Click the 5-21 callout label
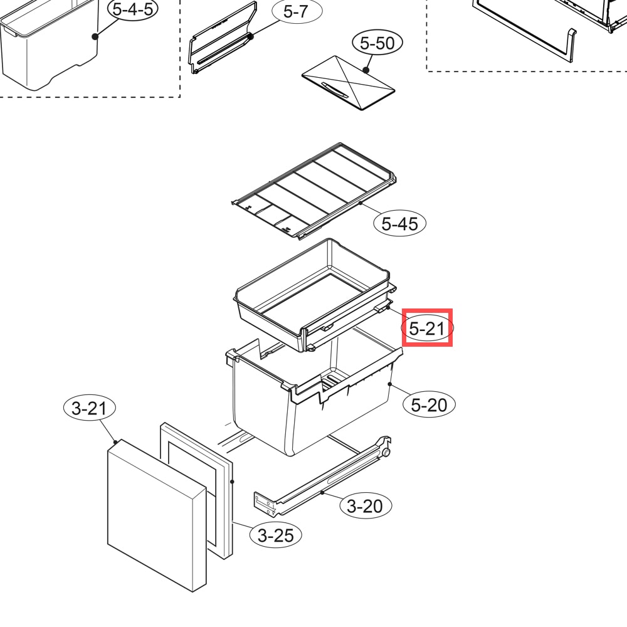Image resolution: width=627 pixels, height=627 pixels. [427, 329]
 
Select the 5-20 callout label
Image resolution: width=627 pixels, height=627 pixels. [429, 404]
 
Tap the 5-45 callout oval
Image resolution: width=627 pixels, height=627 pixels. [399, 223]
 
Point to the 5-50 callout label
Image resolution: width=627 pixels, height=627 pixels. [377, 43]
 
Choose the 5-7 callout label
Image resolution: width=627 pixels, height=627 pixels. [297, 11]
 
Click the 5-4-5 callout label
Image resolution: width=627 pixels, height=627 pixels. [133, 9]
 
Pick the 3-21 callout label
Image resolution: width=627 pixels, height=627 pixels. [90, 408]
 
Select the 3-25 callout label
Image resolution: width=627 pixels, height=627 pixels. [275, 535]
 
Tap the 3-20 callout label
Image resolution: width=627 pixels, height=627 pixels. [366, 506]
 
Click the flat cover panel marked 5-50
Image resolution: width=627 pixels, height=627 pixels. [348, 83]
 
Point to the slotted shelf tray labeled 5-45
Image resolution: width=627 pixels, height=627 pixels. [314, 191]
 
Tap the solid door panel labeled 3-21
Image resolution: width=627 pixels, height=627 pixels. [157, 516]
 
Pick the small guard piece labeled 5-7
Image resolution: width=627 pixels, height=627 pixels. [223, 38]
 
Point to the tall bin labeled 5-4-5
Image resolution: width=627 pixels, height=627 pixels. [49, 44]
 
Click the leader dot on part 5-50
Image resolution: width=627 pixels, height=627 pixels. [366, 70]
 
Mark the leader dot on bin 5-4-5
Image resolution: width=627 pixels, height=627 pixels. [95, 36]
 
